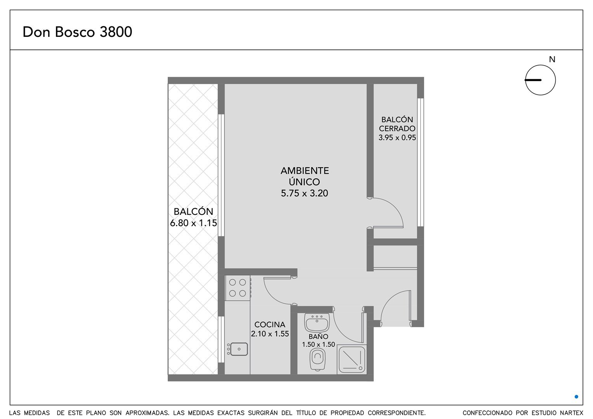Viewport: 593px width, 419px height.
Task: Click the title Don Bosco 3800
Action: (77, 32)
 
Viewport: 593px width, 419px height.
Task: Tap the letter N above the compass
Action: (552, 60)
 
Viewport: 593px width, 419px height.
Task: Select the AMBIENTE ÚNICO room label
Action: (304, 176)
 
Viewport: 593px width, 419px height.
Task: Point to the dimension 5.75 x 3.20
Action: (304, 194)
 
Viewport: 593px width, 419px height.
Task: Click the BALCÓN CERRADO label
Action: (397, 124)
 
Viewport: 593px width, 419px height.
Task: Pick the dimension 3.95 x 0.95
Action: (397, 138)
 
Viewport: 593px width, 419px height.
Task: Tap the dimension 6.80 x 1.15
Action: (194, 223)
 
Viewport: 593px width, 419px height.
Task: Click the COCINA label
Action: (270, 324)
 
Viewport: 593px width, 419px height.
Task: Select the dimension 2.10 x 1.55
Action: (270, 334)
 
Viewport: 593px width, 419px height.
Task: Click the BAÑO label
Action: (319, 336)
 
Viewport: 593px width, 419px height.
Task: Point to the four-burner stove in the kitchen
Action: (238, 288)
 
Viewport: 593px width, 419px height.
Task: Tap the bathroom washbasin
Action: (317, 323)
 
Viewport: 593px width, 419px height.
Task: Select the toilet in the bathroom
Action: (317, 359)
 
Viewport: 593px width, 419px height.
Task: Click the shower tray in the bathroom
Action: (352, 359)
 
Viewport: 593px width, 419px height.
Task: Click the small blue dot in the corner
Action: (576, 396)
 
